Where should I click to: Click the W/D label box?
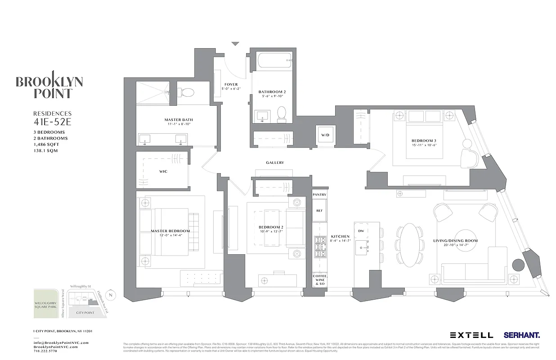point(324,135)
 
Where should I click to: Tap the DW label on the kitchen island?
point(361,231)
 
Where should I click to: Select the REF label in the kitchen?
point(319,211)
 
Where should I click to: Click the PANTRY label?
point(319,194)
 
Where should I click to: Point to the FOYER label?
point(231,85)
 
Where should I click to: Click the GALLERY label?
point(275,163)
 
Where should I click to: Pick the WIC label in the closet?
point(163,171)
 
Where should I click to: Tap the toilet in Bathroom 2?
point(282,113)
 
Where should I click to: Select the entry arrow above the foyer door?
point(235,44)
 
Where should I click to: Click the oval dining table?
point(410,245)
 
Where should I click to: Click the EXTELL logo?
point(471,335)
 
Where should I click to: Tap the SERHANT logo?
point(522,335)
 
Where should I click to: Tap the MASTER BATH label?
point(175,120)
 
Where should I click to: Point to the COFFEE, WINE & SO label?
point(320,280)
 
